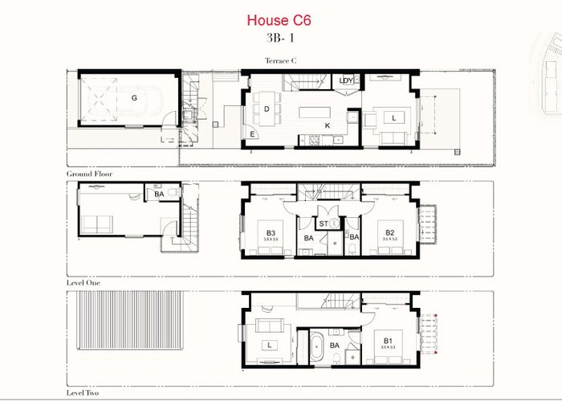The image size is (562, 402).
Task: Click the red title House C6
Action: point(278,20)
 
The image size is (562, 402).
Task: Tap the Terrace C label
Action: point(282,60)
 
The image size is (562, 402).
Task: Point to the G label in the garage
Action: point(134,97)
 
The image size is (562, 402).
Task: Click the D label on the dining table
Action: point(266,109)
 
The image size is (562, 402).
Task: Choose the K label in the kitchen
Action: point(328,126)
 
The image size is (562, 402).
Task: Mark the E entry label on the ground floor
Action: point(253,133)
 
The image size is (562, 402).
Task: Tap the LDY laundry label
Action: point(346,80)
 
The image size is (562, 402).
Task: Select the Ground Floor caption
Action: point(89,174)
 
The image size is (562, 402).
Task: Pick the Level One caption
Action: point(84,284)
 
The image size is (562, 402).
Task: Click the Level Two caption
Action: point(84,394)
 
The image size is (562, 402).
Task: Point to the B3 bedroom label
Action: point(271,234)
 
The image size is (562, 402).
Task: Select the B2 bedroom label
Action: point(390,234)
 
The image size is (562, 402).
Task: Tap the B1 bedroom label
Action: point(388,341)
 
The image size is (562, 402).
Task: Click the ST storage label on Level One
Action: point(323,223)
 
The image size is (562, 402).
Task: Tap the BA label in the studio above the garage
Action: point(159,194)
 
